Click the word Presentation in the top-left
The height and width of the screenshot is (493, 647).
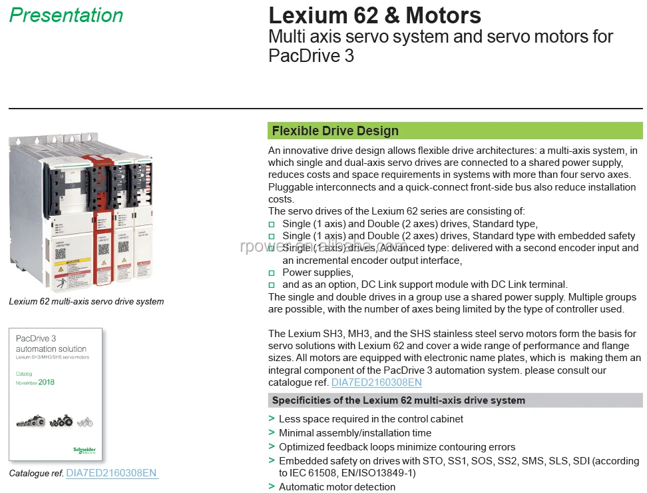(66, 15)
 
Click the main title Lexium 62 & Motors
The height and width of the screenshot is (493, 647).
(374, 15)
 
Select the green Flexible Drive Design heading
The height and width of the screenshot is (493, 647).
(335, 131)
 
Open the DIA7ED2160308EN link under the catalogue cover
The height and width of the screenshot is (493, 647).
(111, 473)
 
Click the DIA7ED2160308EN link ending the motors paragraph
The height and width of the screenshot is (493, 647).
(377, 382)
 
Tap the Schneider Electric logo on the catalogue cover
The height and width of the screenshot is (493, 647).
(85, 450)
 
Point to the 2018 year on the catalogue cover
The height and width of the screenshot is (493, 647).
(47, 382)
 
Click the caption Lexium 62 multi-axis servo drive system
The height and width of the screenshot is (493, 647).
(86, 301)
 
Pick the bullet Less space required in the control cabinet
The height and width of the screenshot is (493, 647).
(371, 419)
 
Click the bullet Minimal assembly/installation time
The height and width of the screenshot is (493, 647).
(355, 433)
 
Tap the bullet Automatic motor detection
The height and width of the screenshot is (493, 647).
(337, 487)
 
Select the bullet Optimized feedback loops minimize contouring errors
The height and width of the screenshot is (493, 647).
(397, 447)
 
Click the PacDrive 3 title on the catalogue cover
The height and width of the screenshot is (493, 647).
(37, 338)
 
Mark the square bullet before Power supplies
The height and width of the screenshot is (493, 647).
(272, 273)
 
